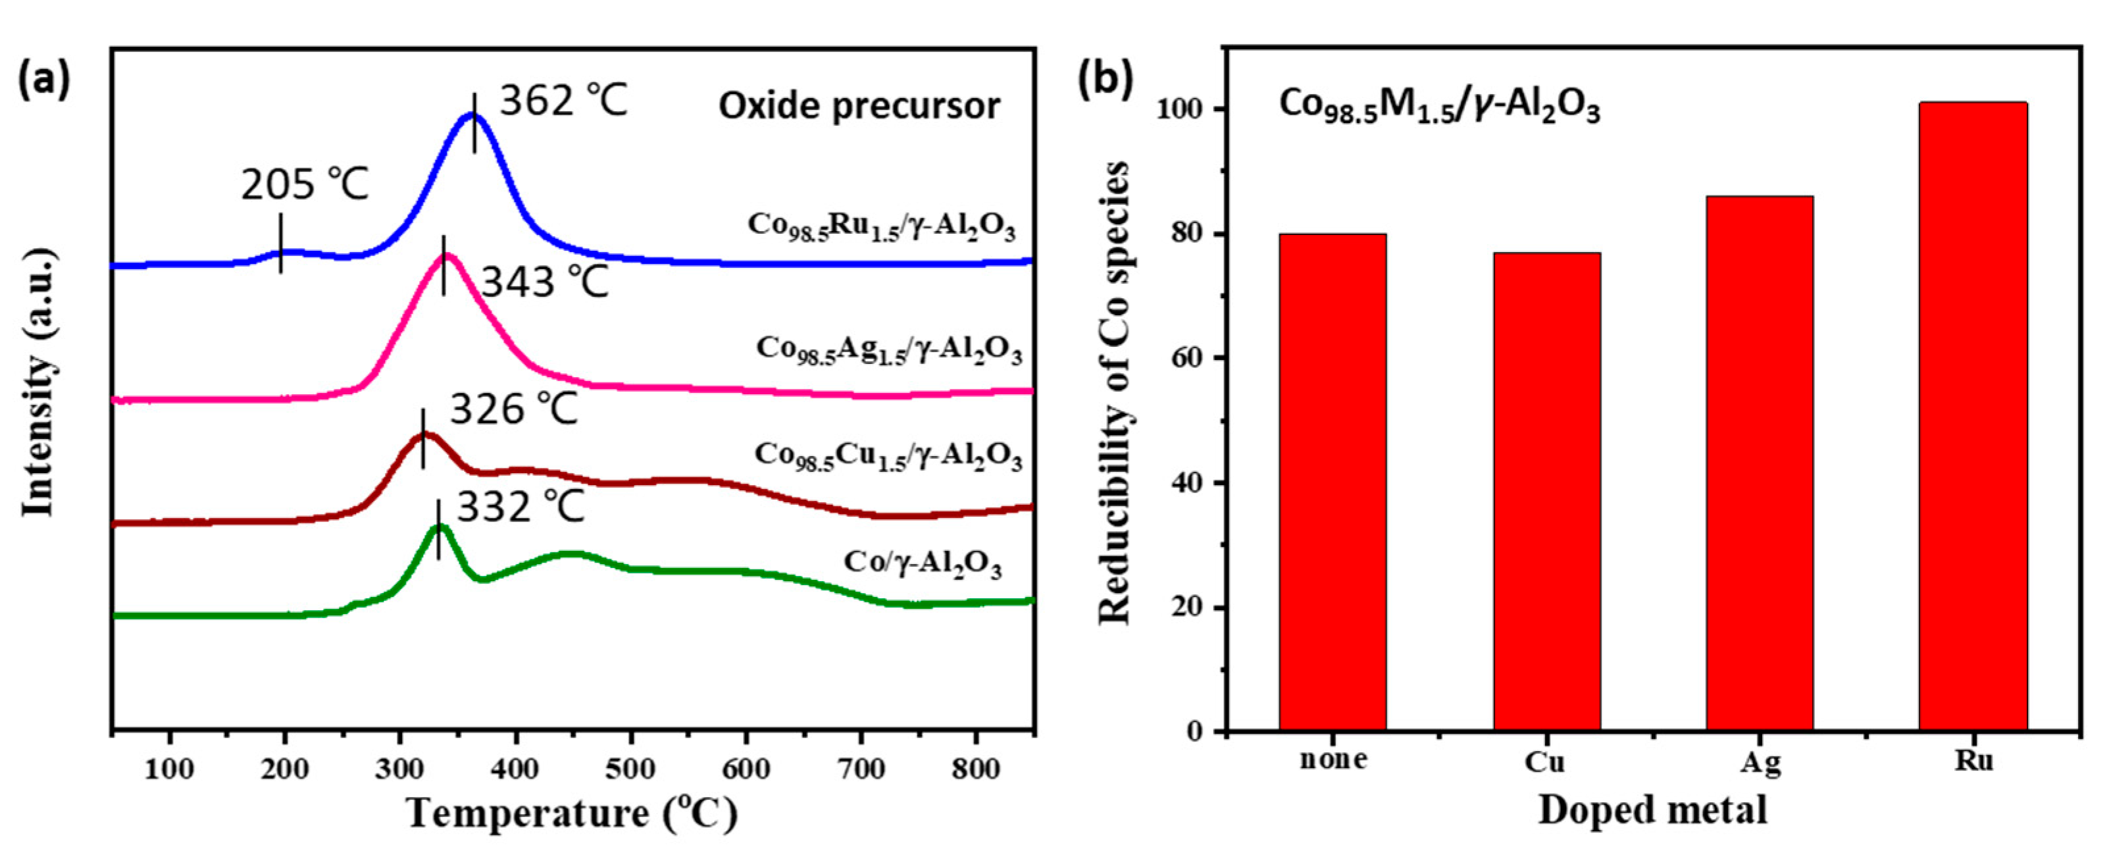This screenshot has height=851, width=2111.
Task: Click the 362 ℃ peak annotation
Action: click(563, 101)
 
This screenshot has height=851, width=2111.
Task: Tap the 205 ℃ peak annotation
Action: click(305, 184)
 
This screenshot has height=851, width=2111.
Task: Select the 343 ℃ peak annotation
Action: click(544, 283)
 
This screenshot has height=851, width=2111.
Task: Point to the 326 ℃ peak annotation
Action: click(514, 408)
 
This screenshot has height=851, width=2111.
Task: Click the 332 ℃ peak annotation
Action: click(520, 507)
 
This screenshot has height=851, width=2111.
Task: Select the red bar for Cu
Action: click(1546, 492)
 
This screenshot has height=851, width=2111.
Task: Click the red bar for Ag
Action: click(1760, 463)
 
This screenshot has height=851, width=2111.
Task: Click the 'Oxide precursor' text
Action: click(859, 107)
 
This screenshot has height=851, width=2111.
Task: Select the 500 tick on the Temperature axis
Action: click(629, 769)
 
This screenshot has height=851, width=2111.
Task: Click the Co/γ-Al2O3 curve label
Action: click(923, 563)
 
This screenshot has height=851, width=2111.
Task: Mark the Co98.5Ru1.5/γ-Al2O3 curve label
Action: click(881, 226)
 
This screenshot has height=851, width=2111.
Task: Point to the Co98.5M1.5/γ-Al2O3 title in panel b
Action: click(1439, 107)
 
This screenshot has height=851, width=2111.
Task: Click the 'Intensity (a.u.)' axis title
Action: click(39, 384)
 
